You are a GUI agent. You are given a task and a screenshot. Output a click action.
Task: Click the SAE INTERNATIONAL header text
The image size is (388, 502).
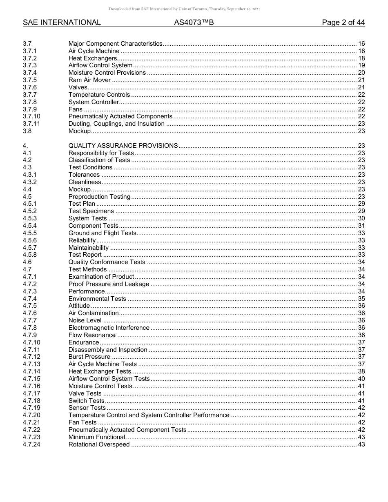(x=62, y=22)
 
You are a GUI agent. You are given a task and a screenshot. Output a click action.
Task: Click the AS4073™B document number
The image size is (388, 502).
(x=194, y=22)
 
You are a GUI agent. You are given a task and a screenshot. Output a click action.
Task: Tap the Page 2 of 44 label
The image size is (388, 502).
(x=343, y=22)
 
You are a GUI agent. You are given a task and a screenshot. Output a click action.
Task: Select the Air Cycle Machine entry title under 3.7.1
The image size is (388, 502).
(x=94, y=51)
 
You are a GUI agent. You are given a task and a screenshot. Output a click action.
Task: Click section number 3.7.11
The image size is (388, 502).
(x=31, y=124)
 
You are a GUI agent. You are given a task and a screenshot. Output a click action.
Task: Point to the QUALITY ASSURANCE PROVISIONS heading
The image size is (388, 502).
(x=123, y=146)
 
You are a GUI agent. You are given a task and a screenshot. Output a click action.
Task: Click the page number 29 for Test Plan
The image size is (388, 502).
(x=361, y=204)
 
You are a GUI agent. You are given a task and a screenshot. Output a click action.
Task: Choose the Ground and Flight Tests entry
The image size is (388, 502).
(x=102, y=233)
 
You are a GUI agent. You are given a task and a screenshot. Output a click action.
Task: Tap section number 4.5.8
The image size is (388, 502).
(x=30, y=255)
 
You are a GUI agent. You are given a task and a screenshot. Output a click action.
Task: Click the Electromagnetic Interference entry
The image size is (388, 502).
(x=109, y=328)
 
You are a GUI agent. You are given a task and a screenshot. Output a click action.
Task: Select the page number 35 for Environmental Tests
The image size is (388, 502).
(x=361, y=299)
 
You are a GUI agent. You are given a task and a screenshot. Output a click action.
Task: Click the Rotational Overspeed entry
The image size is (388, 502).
(x=99, y=444)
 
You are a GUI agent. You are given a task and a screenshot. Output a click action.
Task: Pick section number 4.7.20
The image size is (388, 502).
(x=31, y=415)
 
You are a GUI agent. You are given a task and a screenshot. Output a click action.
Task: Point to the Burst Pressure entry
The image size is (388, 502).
(x=89, y=357)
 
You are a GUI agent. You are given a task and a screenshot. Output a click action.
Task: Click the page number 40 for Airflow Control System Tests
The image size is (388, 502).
(x=361, y=379)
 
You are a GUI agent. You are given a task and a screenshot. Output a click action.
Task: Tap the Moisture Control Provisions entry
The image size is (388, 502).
(x=107, y=73)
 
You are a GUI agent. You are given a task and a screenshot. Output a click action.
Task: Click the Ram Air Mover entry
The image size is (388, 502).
(x=89, y=80)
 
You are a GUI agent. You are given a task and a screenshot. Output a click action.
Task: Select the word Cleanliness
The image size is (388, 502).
(x=85, y=182)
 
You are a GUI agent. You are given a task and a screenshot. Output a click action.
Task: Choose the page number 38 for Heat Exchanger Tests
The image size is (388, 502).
(x=361, y=371)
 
